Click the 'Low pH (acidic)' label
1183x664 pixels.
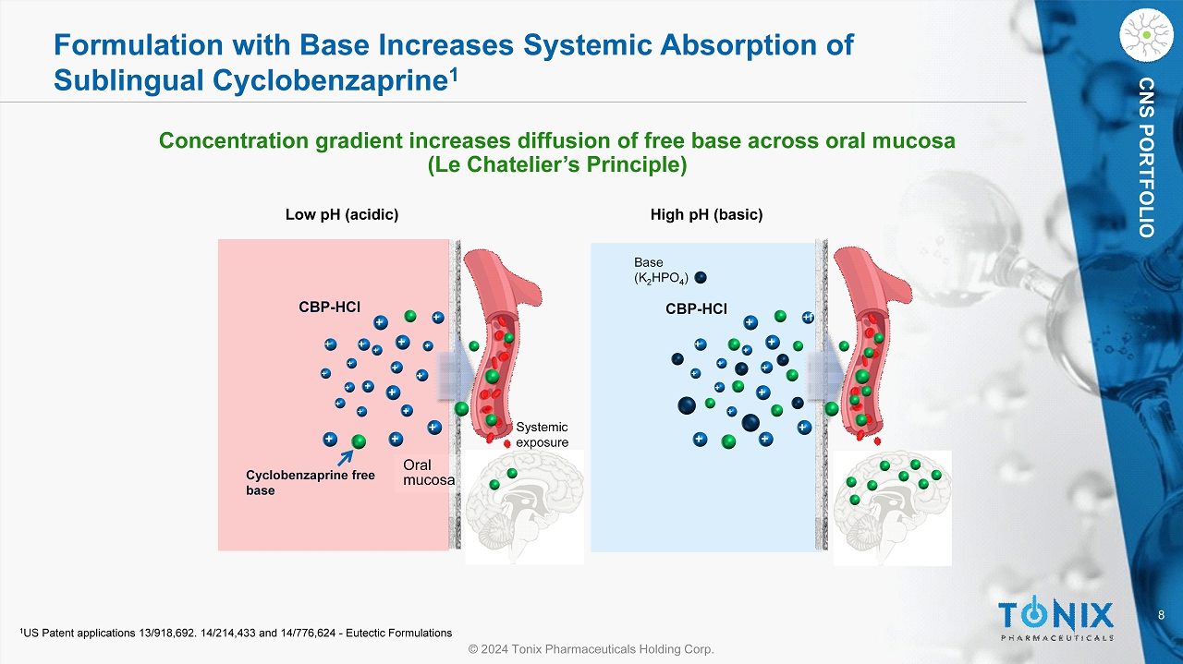341,215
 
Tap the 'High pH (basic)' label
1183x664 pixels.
707,215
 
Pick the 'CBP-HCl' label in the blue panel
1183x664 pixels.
696,308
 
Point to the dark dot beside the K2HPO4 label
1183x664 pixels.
701,277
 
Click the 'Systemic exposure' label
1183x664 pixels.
542,434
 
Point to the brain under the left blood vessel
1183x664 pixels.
523,506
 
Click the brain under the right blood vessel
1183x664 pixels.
893,507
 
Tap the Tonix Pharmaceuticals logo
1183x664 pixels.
1056,618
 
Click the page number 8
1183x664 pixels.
1162,614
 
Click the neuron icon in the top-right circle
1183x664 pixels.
1146,35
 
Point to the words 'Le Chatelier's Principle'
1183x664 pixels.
556,165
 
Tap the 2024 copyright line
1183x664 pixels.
591,649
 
